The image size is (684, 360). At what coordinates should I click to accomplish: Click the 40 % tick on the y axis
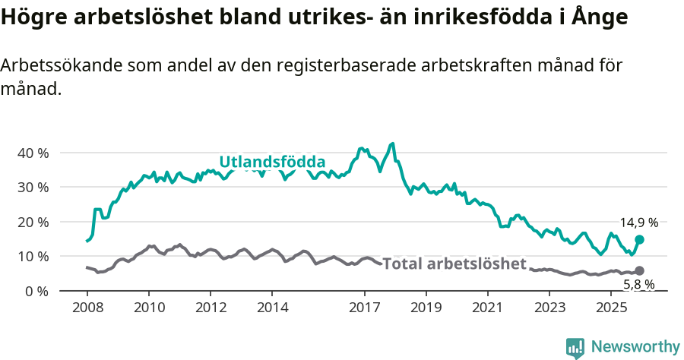pos(32,153)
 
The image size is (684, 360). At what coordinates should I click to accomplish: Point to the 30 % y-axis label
pos(32,187)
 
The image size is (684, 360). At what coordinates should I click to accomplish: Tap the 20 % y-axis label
pos(32,222)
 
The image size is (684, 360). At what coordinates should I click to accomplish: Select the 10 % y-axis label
pos(32,256)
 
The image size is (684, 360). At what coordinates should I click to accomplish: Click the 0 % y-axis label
pos(36,291)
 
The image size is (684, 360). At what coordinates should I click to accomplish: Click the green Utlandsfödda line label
pos(272,162)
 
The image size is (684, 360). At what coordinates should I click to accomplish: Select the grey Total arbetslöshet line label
pos(454,264)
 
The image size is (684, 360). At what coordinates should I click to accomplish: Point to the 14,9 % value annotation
pos(638,223)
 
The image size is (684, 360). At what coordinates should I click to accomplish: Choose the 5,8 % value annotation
pos(638,285)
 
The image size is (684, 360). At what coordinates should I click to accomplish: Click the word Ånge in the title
pos(601,17)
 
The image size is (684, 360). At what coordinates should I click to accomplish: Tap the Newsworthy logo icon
pos(575,347)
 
